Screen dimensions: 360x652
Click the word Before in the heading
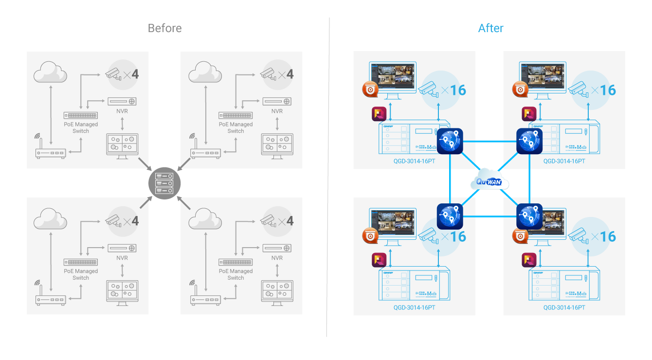point(164,28)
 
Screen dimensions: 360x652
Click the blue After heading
point(490,28)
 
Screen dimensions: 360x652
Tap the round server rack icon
point(164,183)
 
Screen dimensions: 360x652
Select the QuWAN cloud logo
point(489,181)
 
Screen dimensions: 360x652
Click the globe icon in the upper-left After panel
point(450,141)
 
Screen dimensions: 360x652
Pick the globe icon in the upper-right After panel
point(529,141)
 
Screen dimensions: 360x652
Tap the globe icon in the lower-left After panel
point(450,216)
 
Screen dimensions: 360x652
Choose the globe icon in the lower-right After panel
point(529,216)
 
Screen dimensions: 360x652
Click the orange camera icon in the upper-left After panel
point(370,90)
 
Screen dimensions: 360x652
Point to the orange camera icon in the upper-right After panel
point(520,90)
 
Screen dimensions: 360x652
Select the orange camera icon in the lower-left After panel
point(370,235)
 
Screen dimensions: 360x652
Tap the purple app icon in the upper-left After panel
point(379,114)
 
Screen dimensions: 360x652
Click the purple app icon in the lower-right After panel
point(529,260)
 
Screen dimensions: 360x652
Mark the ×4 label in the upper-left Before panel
point(131,74)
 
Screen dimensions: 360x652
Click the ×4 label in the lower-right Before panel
point(286,221)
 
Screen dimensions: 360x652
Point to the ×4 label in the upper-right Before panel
point(286,74)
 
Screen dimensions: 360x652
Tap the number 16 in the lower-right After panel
point(608,237)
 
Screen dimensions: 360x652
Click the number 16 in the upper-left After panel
point(458,90)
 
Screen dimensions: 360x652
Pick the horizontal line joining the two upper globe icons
point(489,142)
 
